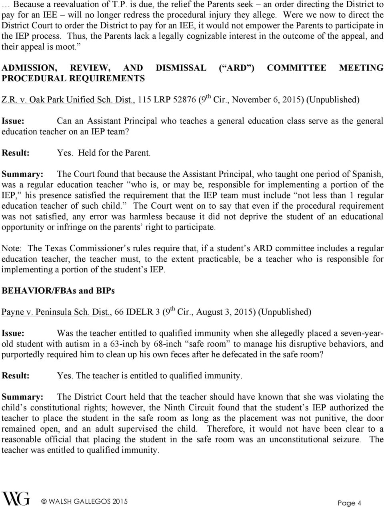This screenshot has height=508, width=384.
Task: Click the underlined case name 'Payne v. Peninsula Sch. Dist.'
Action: point(56,312)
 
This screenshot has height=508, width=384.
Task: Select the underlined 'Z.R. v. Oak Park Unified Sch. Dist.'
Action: point(67,99)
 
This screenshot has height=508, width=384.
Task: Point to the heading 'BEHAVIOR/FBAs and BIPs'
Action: point(58,291)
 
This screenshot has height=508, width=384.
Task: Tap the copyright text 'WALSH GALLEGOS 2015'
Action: point(87,501)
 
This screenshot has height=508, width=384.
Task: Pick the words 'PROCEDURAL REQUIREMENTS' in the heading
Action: point(73,78)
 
